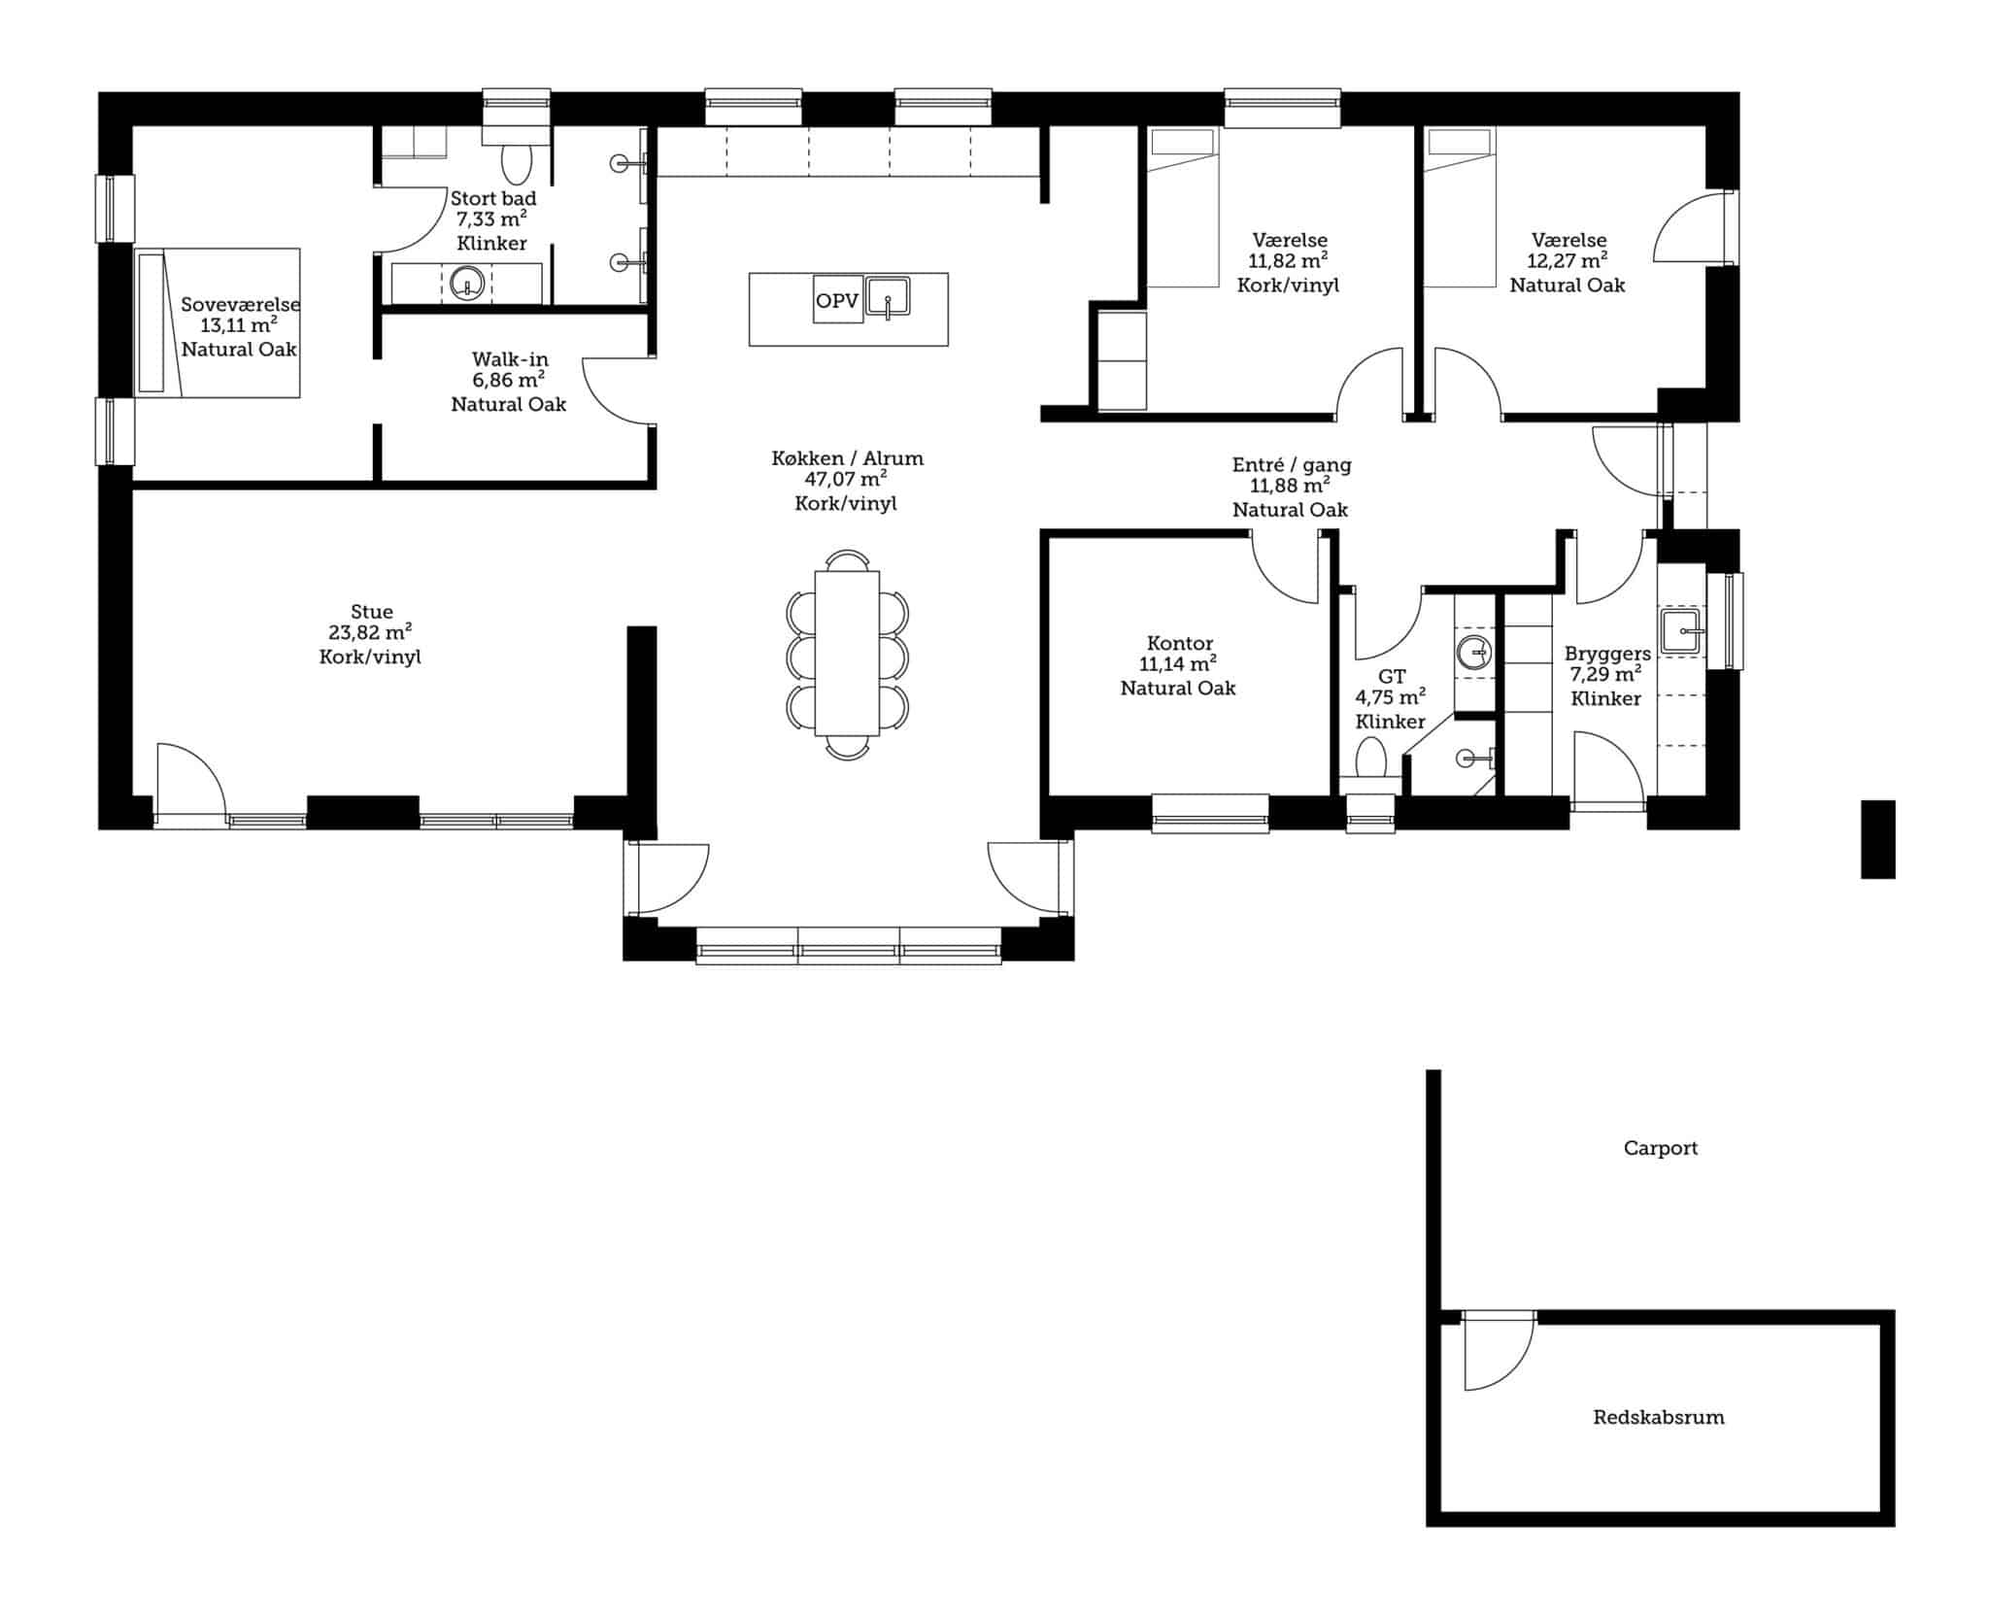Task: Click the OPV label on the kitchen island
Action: point(837,301)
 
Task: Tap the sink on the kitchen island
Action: point(888,296)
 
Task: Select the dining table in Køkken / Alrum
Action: point(847,653)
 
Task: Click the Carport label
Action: point(1660,1148)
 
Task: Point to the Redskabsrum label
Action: point(1659,1417)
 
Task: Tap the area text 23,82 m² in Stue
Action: point(370,633)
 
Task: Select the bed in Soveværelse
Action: point(217,322)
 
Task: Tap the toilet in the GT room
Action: point(1371,762)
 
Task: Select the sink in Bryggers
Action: point(1681,631)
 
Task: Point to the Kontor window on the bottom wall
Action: point(1210,813)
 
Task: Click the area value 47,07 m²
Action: point(846,480)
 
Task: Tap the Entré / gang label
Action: point(1292,465)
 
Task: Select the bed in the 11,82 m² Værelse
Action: point(1182,207)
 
